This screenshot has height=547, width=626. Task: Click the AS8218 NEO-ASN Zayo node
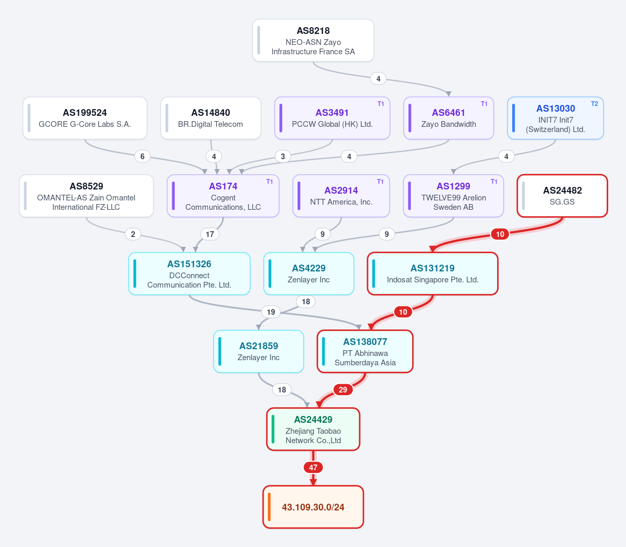coord(313,40)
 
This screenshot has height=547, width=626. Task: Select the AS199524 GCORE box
coord(85,118)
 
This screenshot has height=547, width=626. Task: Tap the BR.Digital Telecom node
coord(211,118)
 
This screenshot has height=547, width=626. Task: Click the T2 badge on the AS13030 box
coord(595,104)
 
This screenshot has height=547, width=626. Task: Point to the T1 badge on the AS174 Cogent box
coord(269,182)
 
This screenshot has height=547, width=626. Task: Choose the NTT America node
coord(341,196)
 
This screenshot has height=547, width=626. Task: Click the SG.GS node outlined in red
coord(562,196)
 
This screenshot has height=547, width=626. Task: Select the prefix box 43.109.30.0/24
coord(313,507)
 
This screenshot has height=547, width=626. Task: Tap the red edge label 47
coord(313,468)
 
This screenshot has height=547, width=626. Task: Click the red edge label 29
coord(343,390)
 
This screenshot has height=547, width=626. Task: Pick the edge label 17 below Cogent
coord(210,234)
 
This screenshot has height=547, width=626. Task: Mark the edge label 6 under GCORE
coord(143,157)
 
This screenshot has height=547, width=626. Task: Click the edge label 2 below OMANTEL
coord(133,234)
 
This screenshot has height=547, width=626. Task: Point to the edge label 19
coord(271,312)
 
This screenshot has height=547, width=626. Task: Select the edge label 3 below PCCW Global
coord(283,157)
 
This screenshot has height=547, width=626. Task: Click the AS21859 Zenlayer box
coord(259,351)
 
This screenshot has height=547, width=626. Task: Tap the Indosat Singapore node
coord(432,273)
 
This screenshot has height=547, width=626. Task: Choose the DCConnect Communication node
coord(189,273)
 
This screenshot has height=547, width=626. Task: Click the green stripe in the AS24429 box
coord(273,430)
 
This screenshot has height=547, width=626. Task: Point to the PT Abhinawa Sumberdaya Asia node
coord(365,351)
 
